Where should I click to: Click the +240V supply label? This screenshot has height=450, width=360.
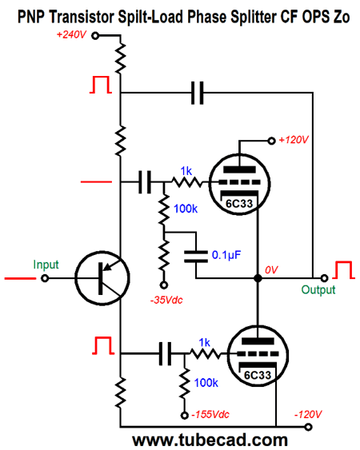coord(73,35)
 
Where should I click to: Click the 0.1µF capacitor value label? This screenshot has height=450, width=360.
coord(234,255)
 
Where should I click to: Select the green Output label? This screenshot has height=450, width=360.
coord(318,289)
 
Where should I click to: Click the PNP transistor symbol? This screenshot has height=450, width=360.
coord(102,279)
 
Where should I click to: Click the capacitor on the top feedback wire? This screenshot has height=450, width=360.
coord(198,94)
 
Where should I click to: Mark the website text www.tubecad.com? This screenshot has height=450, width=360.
coord(210,439)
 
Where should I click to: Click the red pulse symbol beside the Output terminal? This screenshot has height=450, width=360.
coord(344,270)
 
